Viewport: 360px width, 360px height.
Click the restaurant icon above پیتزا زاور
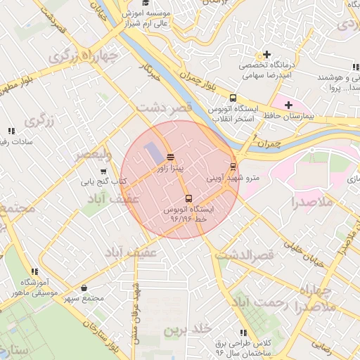pyautogui.click(x=170, y=157)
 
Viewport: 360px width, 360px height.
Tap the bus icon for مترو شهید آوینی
pyautogui.click(x=233, y=167)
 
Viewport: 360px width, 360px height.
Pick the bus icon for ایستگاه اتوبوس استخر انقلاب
pyautogui.click(x=233, y=98)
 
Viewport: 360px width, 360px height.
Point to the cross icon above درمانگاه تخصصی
pyautogui.click(x=266, y=55)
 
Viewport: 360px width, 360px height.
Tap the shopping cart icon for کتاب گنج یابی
pyautogui.click(x=104, y=170)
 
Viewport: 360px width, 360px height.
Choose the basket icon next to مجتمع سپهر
pyautogui.click(x=84, y=287)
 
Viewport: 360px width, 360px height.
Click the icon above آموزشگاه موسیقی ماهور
pyautogui.click(x=34, y=271)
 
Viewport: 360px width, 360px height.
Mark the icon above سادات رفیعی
pyautogui.click(x=11, y=131)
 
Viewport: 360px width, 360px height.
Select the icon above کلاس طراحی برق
pyautogui.click(x=243, y=332)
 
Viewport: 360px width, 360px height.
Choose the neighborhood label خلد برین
pyautogui.click(x=188, y=329)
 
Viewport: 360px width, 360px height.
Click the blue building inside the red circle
pyautogui.click(x=153, y=152)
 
